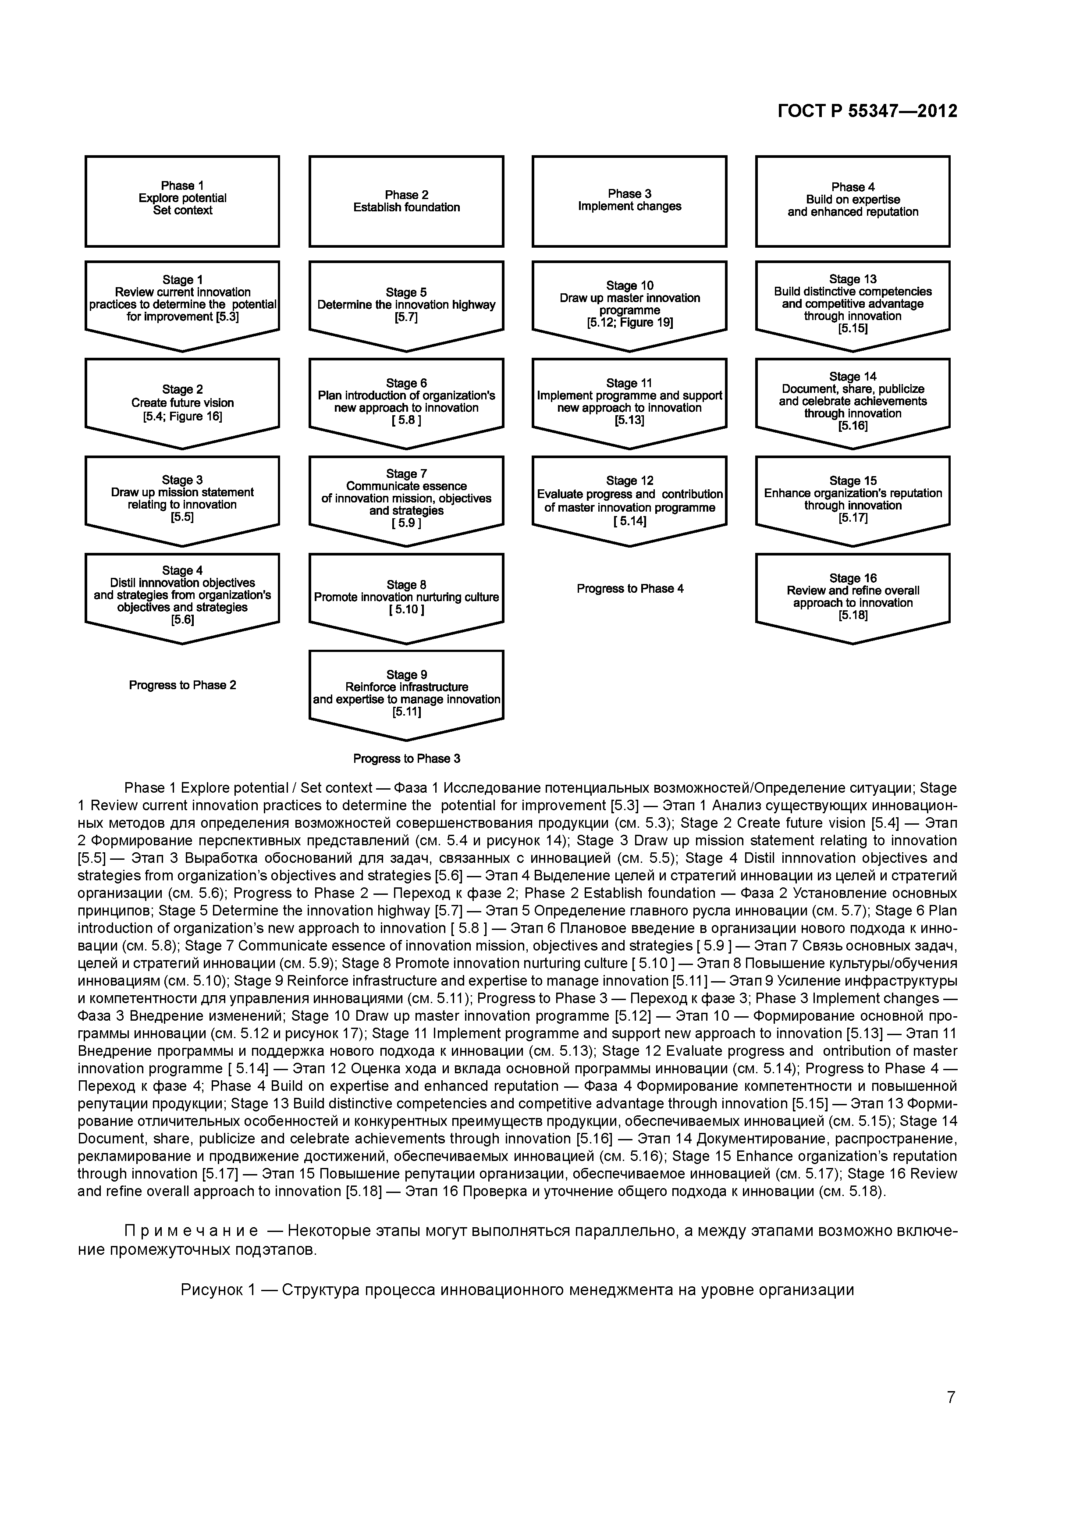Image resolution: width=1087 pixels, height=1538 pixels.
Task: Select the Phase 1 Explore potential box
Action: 182,201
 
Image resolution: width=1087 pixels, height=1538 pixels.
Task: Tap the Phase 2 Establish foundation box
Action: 406,201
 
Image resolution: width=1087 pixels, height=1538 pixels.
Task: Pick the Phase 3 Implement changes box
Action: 629,201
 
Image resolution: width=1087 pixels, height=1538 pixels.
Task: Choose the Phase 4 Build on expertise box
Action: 853,201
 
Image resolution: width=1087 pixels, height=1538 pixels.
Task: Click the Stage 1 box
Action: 182,299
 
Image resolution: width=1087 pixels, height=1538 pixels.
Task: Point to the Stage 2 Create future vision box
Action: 182,402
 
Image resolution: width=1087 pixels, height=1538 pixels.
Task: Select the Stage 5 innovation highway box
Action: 406,305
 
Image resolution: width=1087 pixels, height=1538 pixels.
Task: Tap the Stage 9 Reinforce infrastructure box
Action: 406,693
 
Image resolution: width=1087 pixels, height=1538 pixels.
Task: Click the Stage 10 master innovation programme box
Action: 629,304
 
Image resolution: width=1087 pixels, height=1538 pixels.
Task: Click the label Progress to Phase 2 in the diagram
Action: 182,685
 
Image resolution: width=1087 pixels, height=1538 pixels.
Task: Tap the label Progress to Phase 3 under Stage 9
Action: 406,759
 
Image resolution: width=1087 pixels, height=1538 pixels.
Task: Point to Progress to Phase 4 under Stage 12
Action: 629,589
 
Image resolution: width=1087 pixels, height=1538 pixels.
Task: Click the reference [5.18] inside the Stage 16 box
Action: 853,616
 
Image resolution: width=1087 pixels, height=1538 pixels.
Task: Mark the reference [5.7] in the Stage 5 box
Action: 406,317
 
